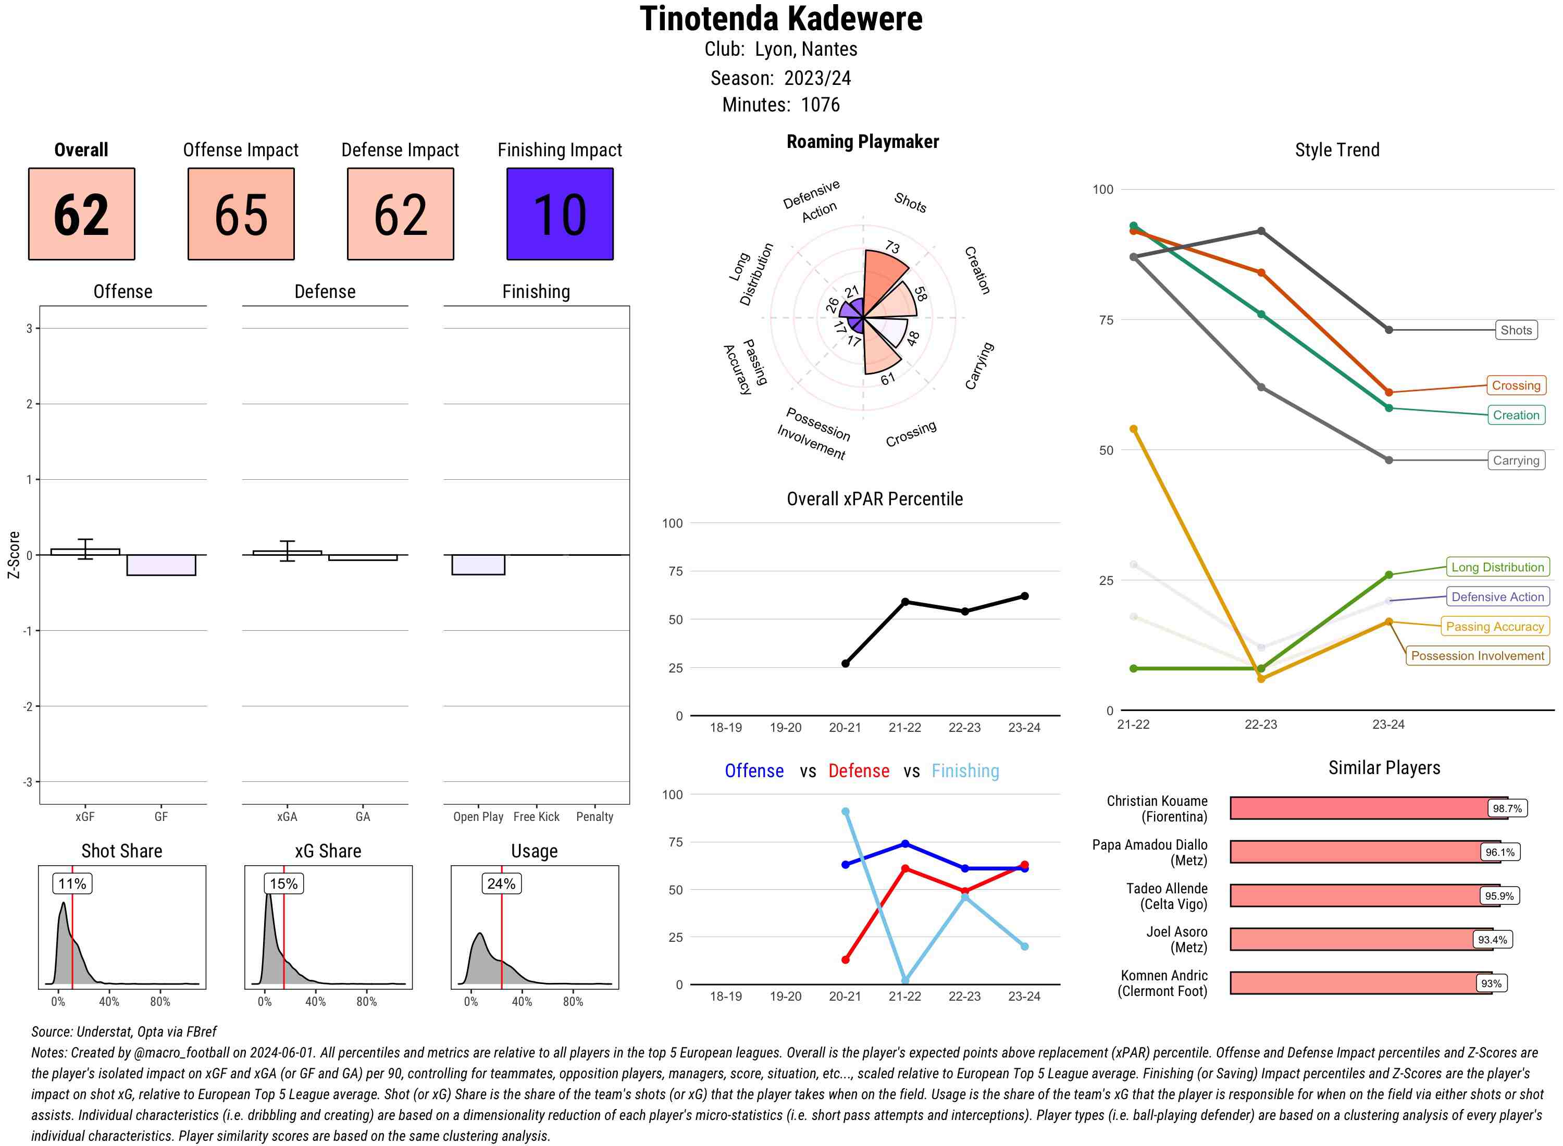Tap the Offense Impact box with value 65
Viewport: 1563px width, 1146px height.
coord(241,214)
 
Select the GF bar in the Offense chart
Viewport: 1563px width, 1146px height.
coord(161,565)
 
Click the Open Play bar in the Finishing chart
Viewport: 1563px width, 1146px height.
coord(478,565)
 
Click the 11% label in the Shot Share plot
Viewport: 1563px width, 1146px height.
coord(72,884)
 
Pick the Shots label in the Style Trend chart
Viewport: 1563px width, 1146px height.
coord(1515,330)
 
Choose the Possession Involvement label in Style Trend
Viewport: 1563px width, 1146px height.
coord(1477,655)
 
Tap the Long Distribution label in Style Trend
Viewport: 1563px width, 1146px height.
coord(1497,567)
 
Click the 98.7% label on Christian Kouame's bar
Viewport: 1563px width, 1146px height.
coord(1507,808)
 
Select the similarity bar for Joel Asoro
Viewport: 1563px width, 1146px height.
coord(1353,939)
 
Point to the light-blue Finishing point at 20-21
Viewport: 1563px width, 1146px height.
coord(845,812)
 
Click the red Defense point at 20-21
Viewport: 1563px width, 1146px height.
coord(845,960)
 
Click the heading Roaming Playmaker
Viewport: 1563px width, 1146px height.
coord(862,142)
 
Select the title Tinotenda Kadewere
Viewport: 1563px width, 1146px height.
coord(781,19)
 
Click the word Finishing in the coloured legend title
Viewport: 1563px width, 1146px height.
coord(965,771)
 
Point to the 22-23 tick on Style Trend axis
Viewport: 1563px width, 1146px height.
coord(1260,724)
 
